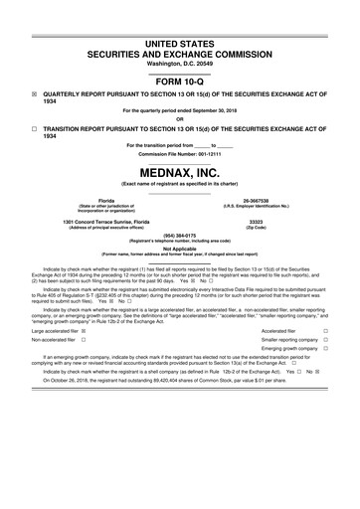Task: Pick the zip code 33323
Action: pos(256,221)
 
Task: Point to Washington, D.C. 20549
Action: pos(180,38)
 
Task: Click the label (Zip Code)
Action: pos(256,227)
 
